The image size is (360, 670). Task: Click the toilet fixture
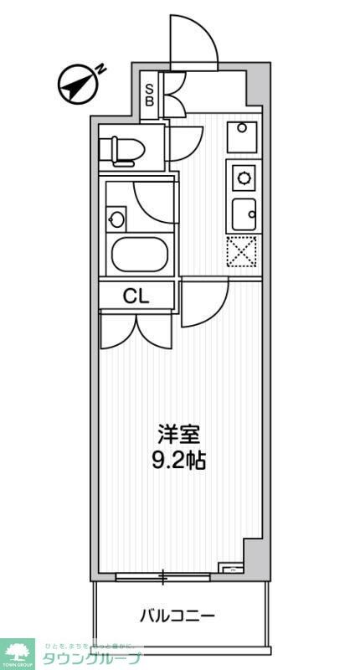(121, 151)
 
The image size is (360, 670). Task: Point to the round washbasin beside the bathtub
(116, 220)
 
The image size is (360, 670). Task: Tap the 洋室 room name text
(179, 435)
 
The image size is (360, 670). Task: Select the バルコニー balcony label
(177, 617)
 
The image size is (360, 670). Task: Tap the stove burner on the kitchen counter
(244, 177)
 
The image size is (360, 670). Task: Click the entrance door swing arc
(193, 42)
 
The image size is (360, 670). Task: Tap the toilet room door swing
(185, 142)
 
